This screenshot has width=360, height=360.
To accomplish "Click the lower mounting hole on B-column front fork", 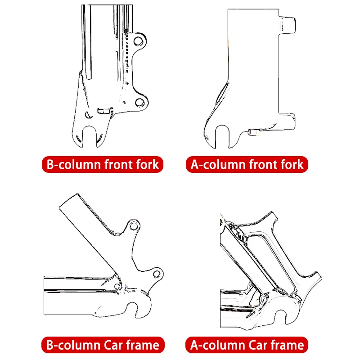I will tap(140, 103).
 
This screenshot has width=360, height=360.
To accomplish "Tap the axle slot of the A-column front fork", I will tap(221, 135).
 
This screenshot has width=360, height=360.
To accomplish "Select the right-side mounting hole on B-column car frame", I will tap(157, 273).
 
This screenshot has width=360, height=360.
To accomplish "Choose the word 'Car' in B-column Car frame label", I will tap(117, 345).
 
